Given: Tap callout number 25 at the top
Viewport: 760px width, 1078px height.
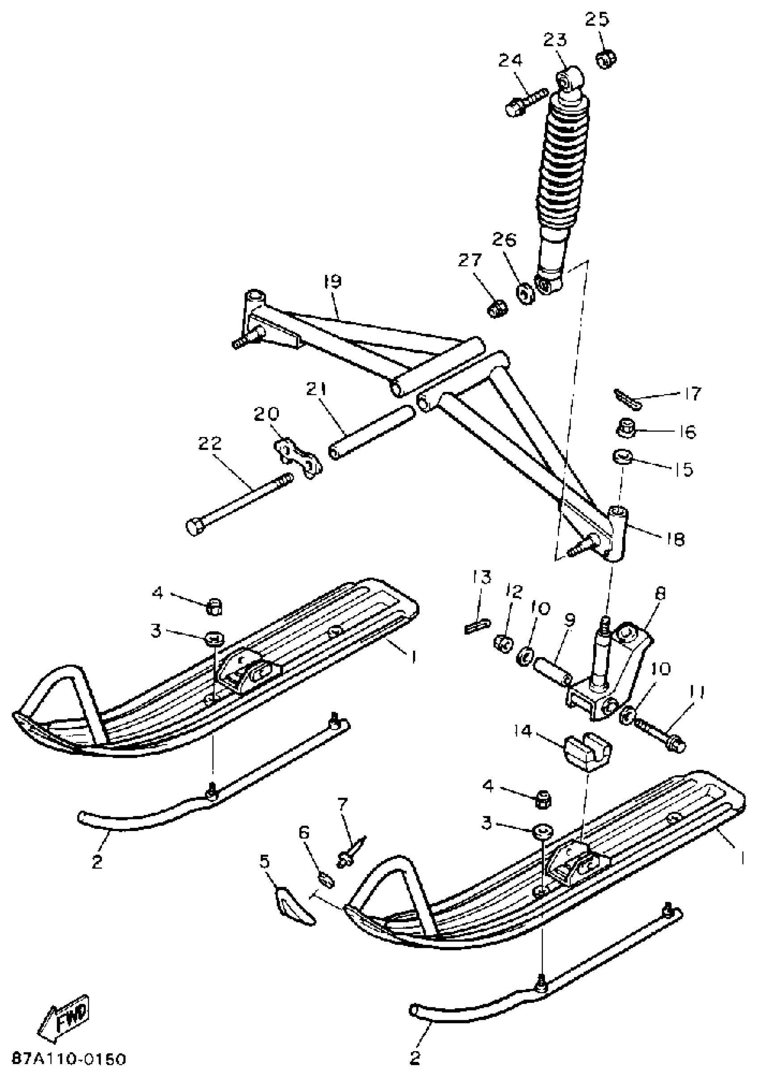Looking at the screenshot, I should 597,20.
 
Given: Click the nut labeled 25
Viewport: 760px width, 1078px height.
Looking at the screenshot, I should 606,59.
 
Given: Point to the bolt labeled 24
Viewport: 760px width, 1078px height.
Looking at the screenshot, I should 525,102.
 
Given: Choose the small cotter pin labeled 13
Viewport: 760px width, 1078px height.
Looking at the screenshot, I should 478,627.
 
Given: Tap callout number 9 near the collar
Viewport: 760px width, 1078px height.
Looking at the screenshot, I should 569,621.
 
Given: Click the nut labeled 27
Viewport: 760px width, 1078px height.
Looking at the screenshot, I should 497,308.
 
